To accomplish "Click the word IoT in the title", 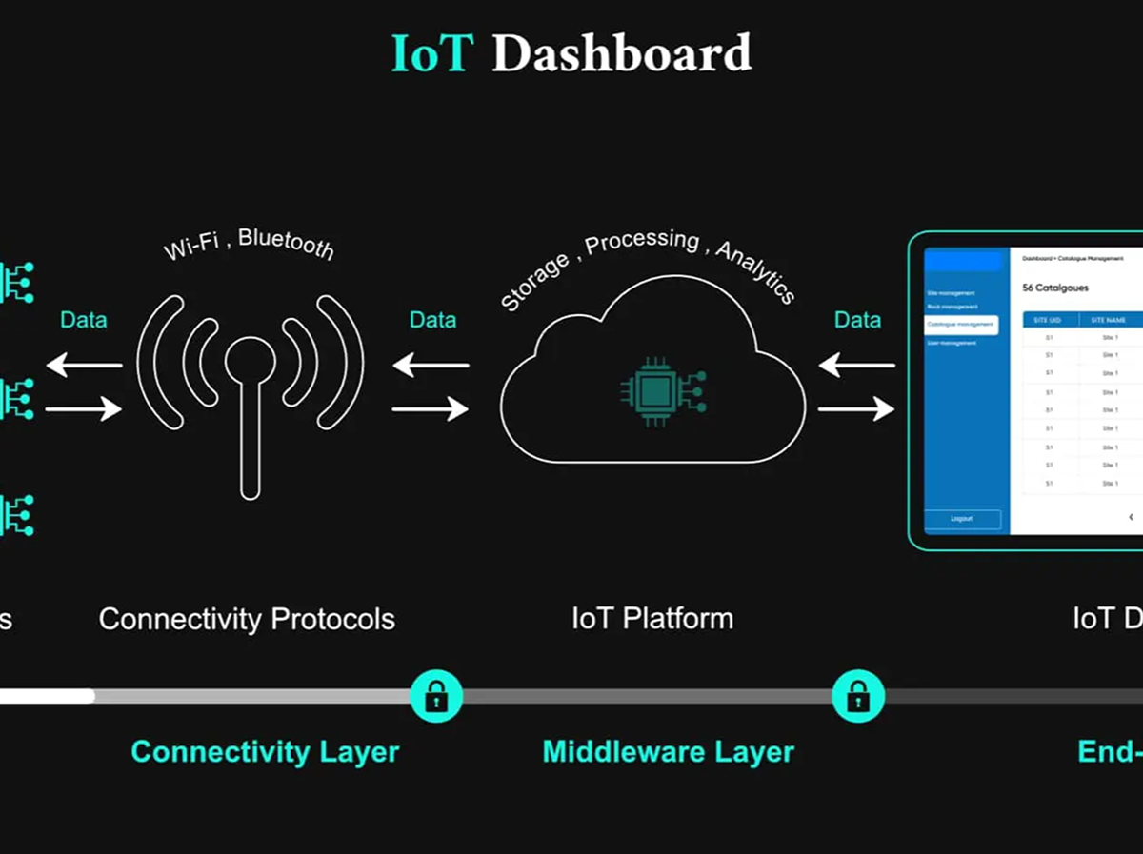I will pyautogui.click(x=431, y=54).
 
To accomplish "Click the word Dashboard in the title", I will pyautogui.click(x=621, y=54).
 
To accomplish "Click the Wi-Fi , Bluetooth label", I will pyautogui.click(x=250, y=243).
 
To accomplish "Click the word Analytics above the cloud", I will pyautogui.click(x=755, y=271).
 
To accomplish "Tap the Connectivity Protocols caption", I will pyautogui.click(x=247, y=619).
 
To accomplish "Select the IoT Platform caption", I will pyautogui.click(x=652, y=619).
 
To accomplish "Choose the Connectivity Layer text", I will pyautogui.click(x=265, y=751).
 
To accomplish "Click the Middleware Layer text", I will pyautogui.click(x=668, y=751).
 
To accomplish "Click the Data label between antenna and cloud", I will pyautogui.click(x=432, y=320).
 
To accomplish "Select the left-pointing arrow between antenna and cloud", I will pyautogui.click(x=431, y=364).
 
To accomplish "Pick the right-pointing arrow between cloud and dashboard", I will pyautogui.click(x=856, y=408).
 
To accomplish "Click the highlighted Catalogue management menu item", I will pyautogui.click(x=961, y=325).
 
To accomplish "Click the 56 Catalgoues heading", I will pyautogui.click(x=1054, y=288).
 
